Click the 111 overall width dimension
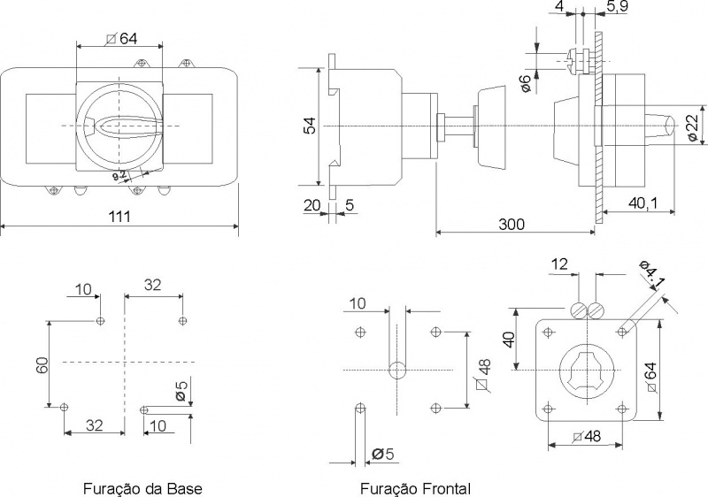tap(119, 216)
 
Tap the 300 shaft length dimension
tap(512, 224)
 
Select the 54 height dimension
tap(311, 126)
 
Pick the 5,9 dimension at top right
tap(617, 6)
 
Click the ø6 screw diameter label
tap(525, 84)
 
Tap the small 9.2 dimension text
tap(119, 175)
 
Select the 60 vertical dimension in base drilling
tap(42, 365)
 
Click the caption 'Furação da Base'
tap(142, 488)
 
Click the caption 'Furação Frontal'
tap(415, 488)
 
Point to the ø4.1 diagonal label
tap(652, 274)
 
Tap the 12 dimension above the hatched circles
tap(559, 264)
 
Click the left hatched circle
tap(578, 310)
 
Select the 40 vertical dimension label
tap(509, 340)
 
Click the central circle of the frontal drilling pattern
tap(396, 371)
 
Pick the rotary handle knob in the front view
tap(119, 126)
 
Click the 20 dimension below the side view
tap(312, 205)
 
